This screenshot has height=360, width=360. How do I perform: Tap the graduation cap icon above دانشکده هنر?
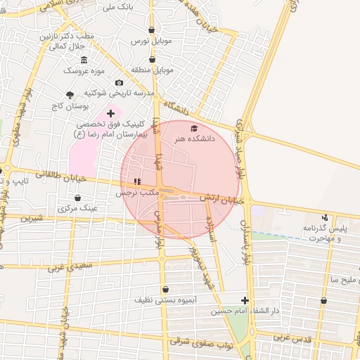[x=194, y=128]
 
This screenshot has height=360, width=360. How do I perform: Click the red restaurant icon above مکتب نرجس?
[x=136, y=181]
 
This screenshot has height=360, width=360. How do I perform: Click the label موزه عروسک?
[x=84, y=70]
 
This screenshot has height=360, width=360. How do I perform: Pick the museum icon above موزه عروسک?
[x=84, y=59]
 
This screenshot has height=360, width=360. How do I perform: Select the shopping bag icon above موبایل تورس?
[x=153, y=30]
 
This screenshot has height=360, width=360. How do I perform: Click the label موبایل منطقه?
[x=152, y=70]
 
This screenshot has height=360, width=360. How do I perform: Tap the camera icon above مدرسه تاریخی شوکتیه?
[x=119, y=82]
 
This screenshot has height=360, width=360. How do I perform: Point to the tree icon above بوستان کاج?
[x=70, y=94]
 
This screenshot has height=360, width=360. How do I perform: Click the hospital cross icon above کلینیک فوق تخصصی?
[x=110, y=112]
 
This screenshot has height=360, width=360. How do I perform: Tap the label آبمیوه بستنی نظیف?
[x=165, y=300]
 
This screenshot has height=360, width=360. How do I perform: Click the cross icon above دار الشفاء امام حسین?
[x=245, y=300]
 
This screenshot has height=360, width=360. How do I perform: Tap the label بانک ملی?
[x=118, y=7]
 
